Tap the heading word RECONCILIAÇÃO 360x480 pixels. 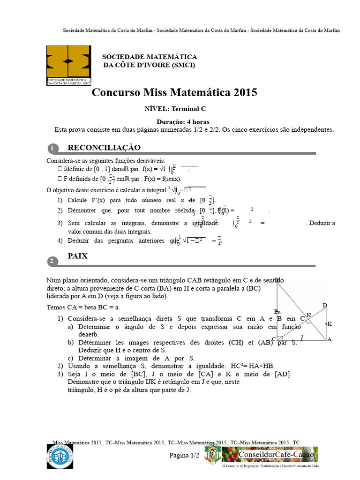click(104, 148)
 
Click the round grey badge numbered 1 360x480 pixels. click(53, 149)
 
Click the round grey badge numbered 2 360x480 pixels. click(53, 261)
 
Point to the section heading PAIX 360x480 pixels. click(78, 257)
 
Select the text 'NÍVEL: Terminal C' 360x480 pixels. click(175, 109)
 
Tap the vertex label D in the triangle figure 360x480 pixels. click(325, 306)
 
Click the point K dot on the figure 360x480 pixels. click(325, 323)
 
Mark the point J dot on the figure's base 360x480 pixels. click(302, 339)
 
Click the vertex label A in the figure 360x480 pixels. click(329, 339)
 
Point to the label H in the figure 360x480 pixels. click(308, 315)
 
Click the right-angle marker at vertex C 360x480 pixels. click(280, 337)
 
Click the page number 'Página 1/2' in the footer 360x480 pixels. click(184, 455)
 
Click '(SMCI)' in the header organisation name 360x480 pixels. click(180, 65)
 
